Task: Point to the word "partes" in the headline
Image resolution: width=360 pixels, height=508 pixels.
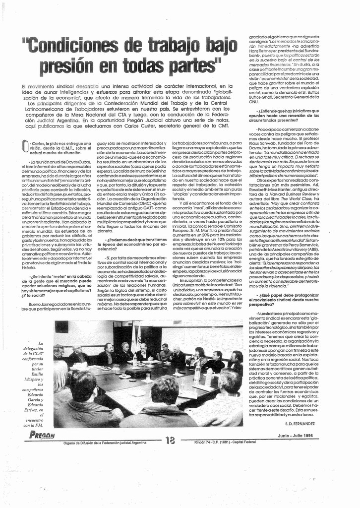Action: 189,64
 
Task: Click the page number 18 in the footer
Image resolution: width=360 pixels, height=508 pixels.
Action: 170,440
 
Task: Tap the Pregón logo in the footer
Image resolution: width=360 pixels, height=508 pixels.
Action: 42,436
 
